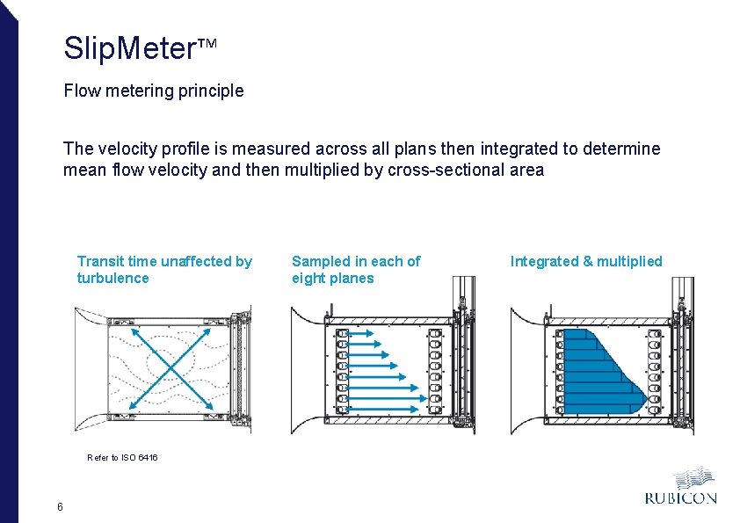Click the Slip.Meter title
tap(128, 48)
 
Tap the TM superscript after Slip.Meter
tap(205, 43)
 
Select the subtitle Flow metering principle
tap(154, 91)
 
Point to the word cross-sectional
tap(439, 170)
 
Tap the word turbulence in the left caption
tap(113, 279)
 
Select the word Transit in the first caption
tap(100, 261)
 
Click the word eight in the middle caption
tap(308, 279)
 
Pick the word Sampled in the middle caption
tap(321, 261)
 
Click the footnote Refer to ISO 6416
tap(122, 458)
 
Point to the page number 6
tap(59, 506)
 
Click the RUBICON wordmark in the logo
tap(681, 498)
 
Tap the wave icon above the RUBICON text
tap(694, 477)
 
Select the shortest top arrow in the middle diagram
tap(357, 333)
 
